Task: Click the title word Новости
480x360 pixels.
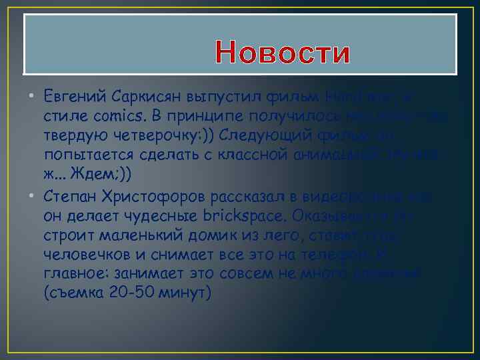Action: pyautogui.click(x=283, y=54)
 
